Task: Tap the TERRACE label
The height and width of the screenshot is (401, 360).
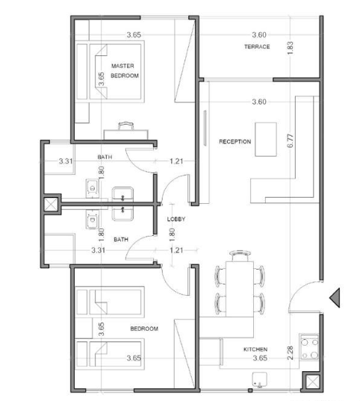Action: tap(256, 46)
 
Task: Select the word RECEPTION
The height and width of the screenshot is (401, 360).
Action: tap(235, 141)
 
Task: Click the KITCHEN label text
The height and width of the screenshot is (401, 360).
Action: tap(255, 349)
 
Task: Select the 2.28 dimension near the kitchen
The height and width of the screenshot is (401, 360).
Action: tap(291, 352)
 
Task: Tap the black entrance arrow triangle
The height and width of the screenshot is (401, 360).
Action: tap(334, 298)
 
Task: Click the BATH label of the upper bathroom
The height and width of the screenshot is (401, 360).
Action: tap(105, 157)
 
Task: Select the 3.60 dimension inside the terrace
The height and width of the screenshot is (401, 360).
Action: tap(259, 35)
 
